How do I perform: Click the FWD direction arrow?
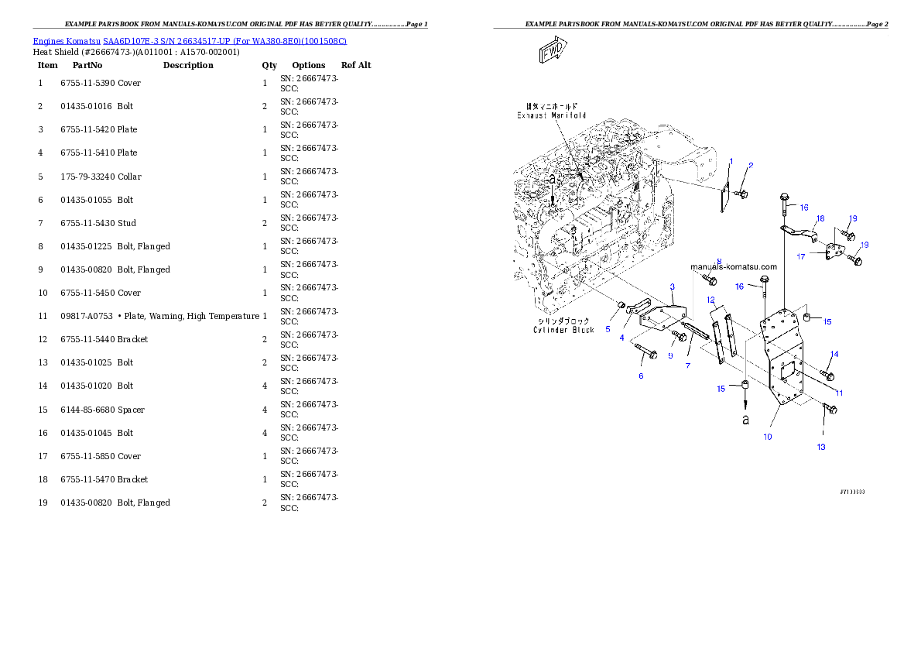point(552,53)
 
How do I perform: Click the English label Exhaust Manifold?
point(551,115)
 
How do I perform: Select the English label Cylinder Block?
point(563,330)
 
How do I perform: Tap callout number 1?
point(731,162)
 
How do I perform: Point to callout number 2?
point(751,165)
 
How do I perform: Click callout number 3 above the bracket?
point(673,287)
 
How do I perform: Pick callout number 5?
point(608,329)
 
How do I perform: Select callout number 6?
point(641,376)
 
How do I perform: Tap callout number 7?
point(687,365)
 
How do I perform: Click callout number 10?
point(768,437)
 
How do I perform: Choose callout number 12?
point(710,299)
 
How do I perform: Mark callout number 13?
point(821,447)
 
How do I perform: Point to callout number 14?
point(834,355)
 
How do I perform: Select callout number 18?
point(820,219)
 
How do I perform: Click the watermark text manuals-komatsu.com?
point(733,267)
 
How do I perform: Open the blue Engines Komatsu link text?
point(190,40)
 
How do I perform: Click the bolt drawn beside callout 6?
point(645,352)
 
